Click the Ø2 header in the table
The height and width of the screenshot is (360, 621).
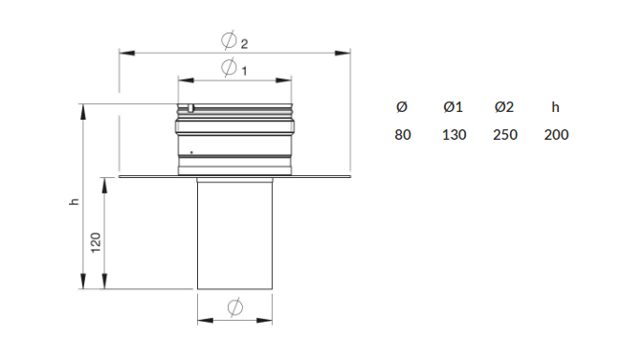coord(504,107)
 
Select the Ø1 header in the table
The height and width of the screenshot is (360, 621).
coord(454,107)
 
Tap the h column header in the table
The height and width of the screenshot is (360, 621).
coord(555,107)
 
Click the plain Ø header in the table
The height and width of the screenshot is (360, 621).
coord(402,107)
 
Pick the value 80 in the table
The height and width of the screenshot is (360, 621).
coord(403,135)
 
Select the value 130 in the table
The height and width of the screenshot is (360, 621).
coord(454,135)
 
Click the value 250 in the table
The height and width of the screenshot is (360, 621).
coord(505,135)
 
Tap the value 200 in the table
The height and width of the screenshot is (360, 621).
coord(556,135)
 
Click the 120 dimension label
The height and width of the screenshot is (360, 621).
coord(96,242)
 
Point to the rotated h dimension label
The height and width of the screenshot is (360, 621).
coord(74,201)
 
